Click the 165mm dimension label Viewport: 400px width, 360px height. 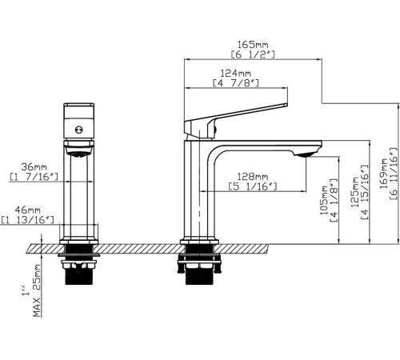[x=253, y=44]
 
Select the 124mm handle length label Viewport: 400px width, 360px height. [x=236, y=73]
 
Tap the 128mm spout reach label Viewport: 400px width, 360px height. [x=253, y=176]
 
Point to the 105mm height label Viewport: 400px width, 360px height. [x=323, y=200]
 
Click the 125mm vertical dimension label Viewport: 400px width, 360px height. [x=355, y=192]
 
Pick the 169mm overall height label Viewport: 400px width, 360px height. [x=384, y=174]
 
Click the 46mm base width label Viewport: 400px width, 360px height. [x=27, y=210]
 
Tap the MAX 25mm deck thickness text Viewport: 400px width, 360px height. [x=37, y=290]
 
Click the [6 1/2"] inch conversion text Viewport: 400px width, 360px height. [x=253, y=54]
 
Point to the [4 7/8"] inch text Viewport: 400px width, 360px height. [x=236, y=83]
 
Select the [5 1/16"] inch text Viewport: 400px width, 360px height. [x=253, y=186]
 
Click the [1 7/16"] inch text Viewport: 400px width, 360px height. [x=34, y=177]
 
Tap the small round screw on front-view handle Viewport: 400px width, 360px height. [x=79, y=130]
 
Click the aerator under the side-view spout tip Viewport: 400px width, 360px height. [x=304, y=154]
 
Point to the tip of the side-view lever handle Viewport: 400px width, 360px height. [x=287, y=105]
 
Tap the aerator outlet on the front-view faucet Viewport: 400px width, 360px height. [x=79, y=154]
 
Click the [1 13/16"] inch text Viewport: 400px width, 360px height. [x=27, y=220]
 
